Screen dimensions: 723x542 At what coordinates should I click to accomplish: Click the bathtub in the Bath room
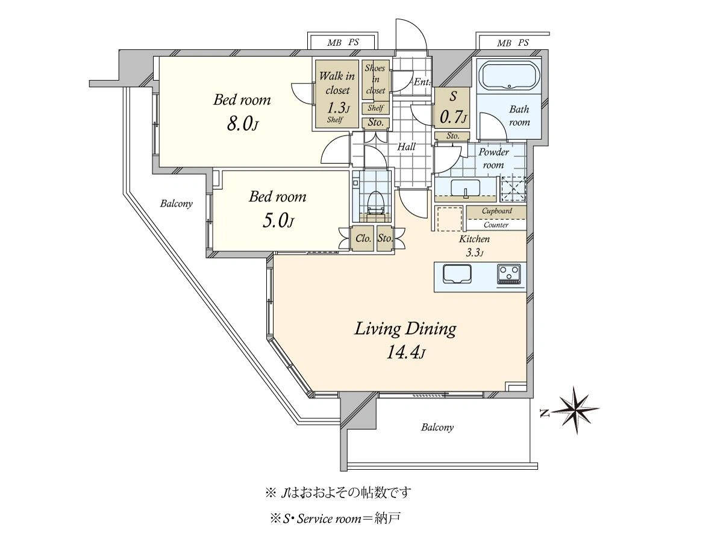click(x=510, y=75)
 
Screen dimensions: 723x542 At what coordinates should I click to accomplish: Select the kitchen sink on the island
click(x=457, y=274)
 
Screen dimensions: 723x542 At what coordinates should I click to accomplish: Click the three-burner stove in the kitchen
click(x=509, y=275)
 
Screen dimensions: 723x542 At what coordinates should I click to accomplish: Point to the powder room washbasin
click(x=466, y=189)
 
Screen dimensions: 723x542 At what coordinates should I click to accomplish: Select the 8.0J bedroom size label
click(x=242, y=125)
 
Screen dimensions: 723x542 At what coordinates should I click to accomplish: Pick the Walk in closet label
click(x=337, y=83)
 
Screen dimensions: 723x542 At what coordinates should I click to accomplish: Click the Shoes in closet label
click(x=375, y=79)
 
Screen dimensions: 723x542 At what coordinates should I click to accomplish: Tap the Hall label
click(x=406, y=147)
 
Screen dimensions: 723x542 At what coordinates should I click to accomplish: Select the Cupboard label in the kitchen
click(x=496, y=211)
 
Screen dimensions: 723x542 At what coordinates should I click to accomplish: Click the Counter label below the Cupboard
click(x=496, y=225)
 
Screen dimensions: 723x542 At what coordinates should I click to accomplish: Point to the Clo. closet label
click(x=363, y=238)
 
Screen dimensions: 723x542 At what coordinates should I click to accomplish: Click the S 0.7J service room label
click(x=453, y=108)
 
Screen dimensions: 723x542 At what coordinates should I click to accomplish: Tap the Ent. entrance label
click(x=422, y=82)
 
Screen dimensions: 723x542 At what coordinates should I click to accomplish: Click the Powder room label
click(x=493, y=158)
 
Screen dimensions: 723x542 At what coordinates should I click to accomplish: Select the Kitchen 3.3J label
click(x=474, y=246)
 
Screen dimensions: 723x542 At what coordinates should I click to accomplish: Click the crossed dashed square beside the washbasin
click(x=513, y=189)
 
